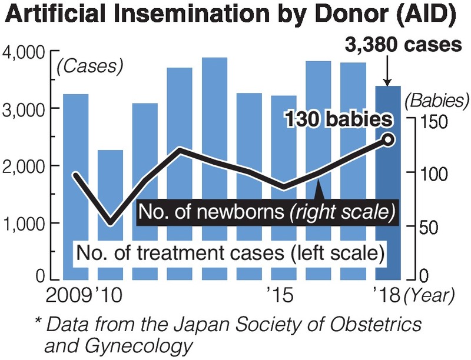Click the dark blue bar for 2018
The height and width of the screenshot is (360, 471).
(x=388, y=182)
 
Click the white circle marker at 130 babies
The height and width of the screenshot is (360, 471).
(x=389, y=139)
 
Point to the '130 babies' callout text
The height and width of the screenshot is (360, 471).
(x=339, y=121)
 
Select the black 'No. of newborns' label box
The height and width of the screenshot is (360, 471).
(x=266, y=212)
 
